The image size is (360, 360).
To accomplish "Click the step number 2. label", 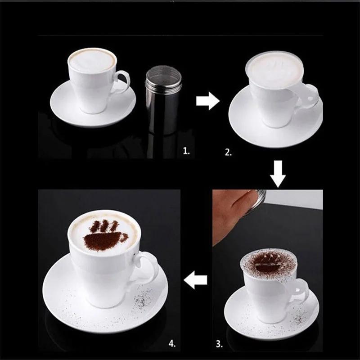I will (x=229, y=153).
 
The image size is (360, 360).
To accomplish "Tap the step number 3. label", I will (x=219, y=344).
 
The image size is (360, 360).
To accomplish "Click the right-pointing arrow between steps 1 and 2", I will (x=207, y=101).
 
